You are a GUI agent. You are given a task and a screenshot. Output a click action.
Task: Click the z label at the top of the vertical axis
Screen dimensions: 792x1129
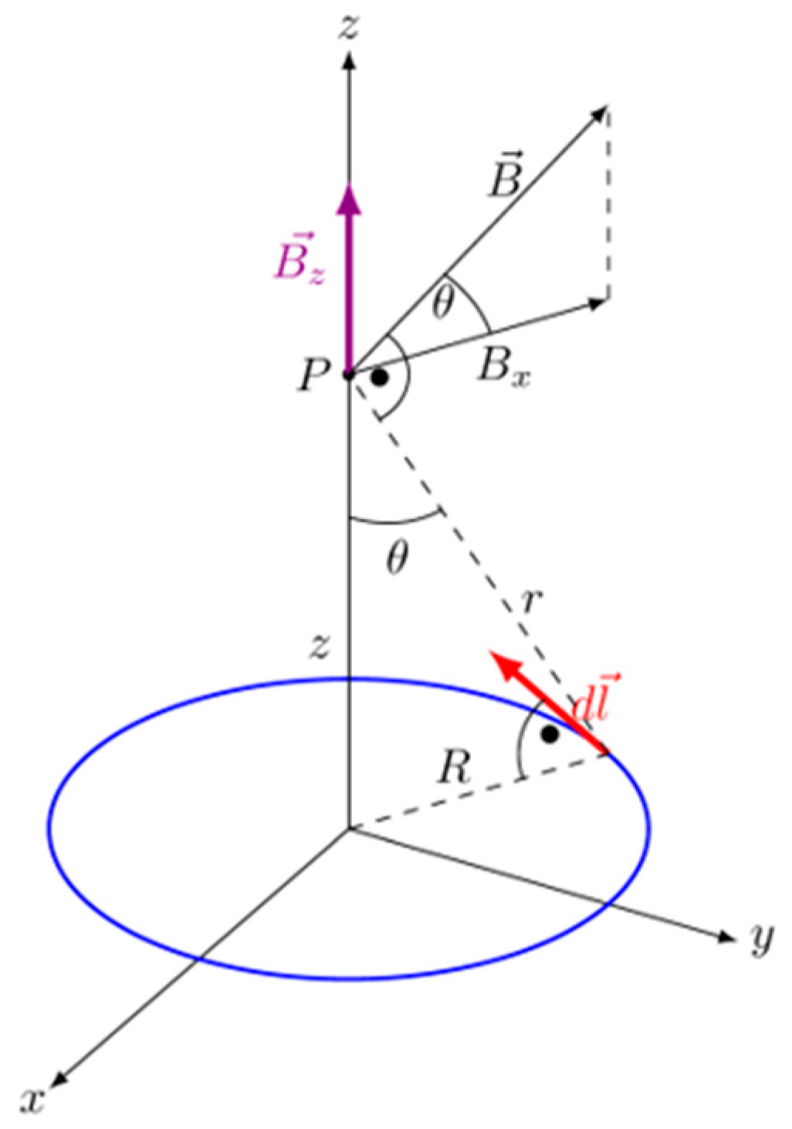pyautogui.click(x=351, y=27)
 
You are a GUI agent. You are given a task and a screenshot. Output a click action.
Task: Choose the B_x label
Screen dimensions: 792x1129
pyautogui.click(x=503, y=366)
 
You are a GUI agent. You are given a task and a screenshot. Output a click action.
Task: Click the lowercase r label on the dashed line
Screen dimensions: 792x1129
pyautogui.click(x=526, y=602)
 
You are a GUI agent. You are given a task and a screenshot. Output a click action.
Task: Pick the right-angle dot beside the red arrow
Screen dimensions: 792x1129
pyautogui.click(x=550, y=734)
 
